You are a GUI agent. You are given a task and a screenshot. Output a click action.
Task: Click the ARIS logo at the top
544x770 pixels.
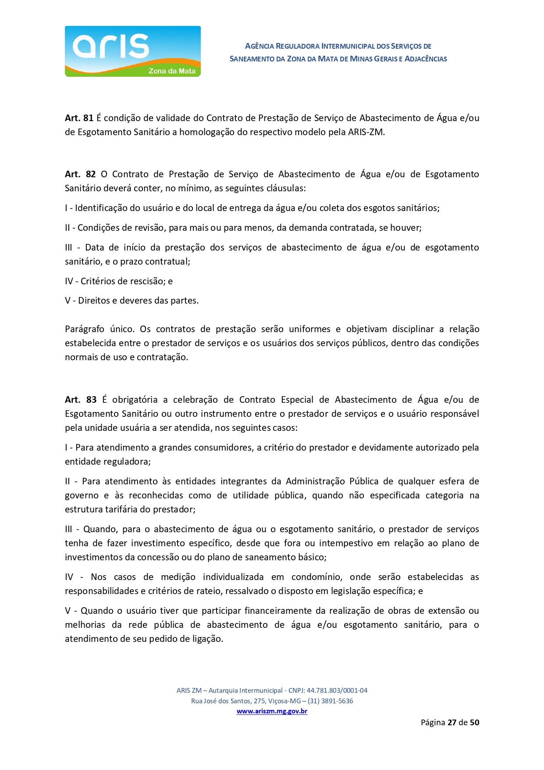(132, 51)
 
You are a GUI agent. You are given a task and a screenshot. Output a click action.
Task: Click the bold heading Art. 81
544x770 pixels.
(79, 118)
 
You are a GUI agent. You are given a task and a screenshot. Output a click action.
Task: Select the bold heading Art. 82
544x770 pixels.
(80, 174)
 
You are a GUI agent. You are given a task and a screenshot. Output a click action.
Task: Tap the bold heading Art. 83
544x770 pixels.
(81, 400)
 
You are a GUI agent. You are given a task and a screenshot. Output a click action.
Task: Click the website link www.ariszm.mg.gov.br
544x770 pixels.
(272, 711)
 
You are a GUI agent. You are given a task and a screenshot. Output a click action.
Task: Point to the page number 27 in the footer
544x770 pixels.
(452, 723)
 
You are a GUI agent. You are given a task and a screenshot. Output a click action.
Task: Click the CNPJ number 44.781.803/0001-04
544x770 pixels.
(337, 690)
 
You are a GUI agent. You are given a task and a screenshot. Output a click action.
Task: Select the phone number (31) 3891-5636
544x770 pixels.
(330, 701)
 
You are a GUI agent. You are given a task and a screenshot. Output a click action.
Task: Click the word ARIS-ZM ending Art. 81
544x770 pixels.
(366, 132)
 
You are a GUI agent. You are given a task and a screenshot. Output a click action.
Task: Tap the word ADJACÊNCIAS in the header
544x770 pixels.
(426, 59)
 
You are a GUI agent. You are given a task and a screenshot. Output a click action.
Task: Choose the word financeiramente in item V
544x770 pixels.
(279, 611)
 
